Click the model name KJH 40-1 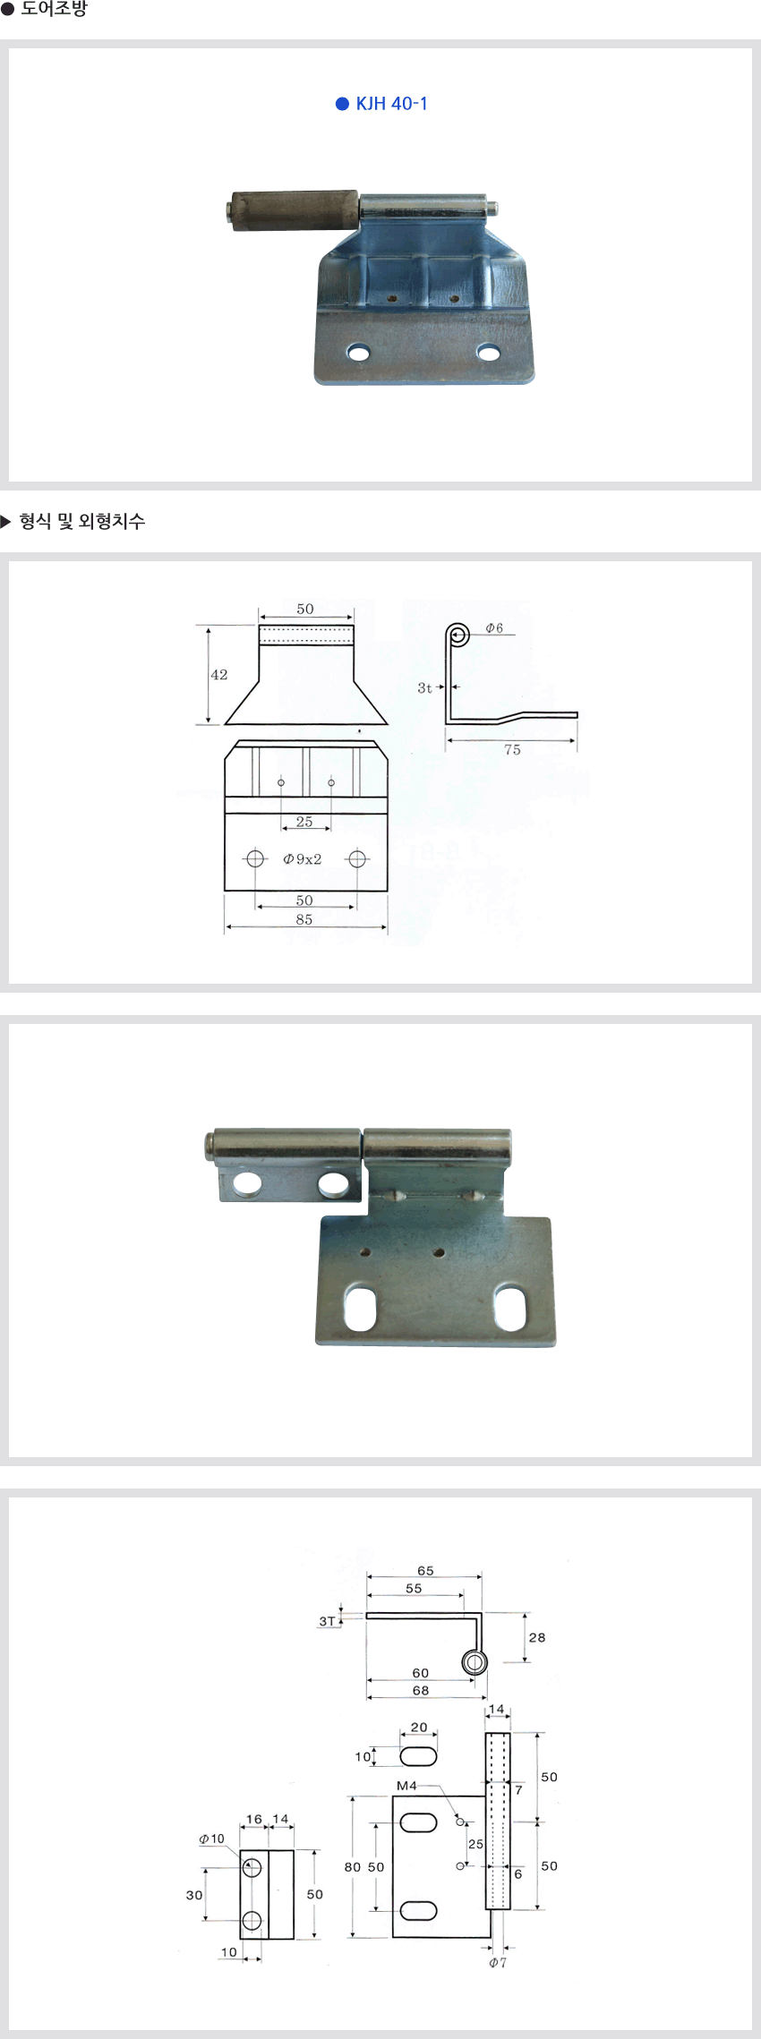tap(391, 104)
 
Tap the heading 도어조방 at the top tap(54, 9)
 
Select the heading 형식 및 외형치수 tap(81, 521)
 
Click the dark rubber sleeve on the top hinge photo tap(292, 210)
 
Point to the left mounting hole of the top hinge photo tap(359, 353)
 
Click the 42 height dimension tap(219, 675)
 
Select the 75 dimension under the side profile tap(512, 750)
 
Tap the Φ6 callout tap(494, 628)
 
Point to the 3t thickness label tap(424, 687)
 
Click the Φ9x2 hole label tap(303, 859)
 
